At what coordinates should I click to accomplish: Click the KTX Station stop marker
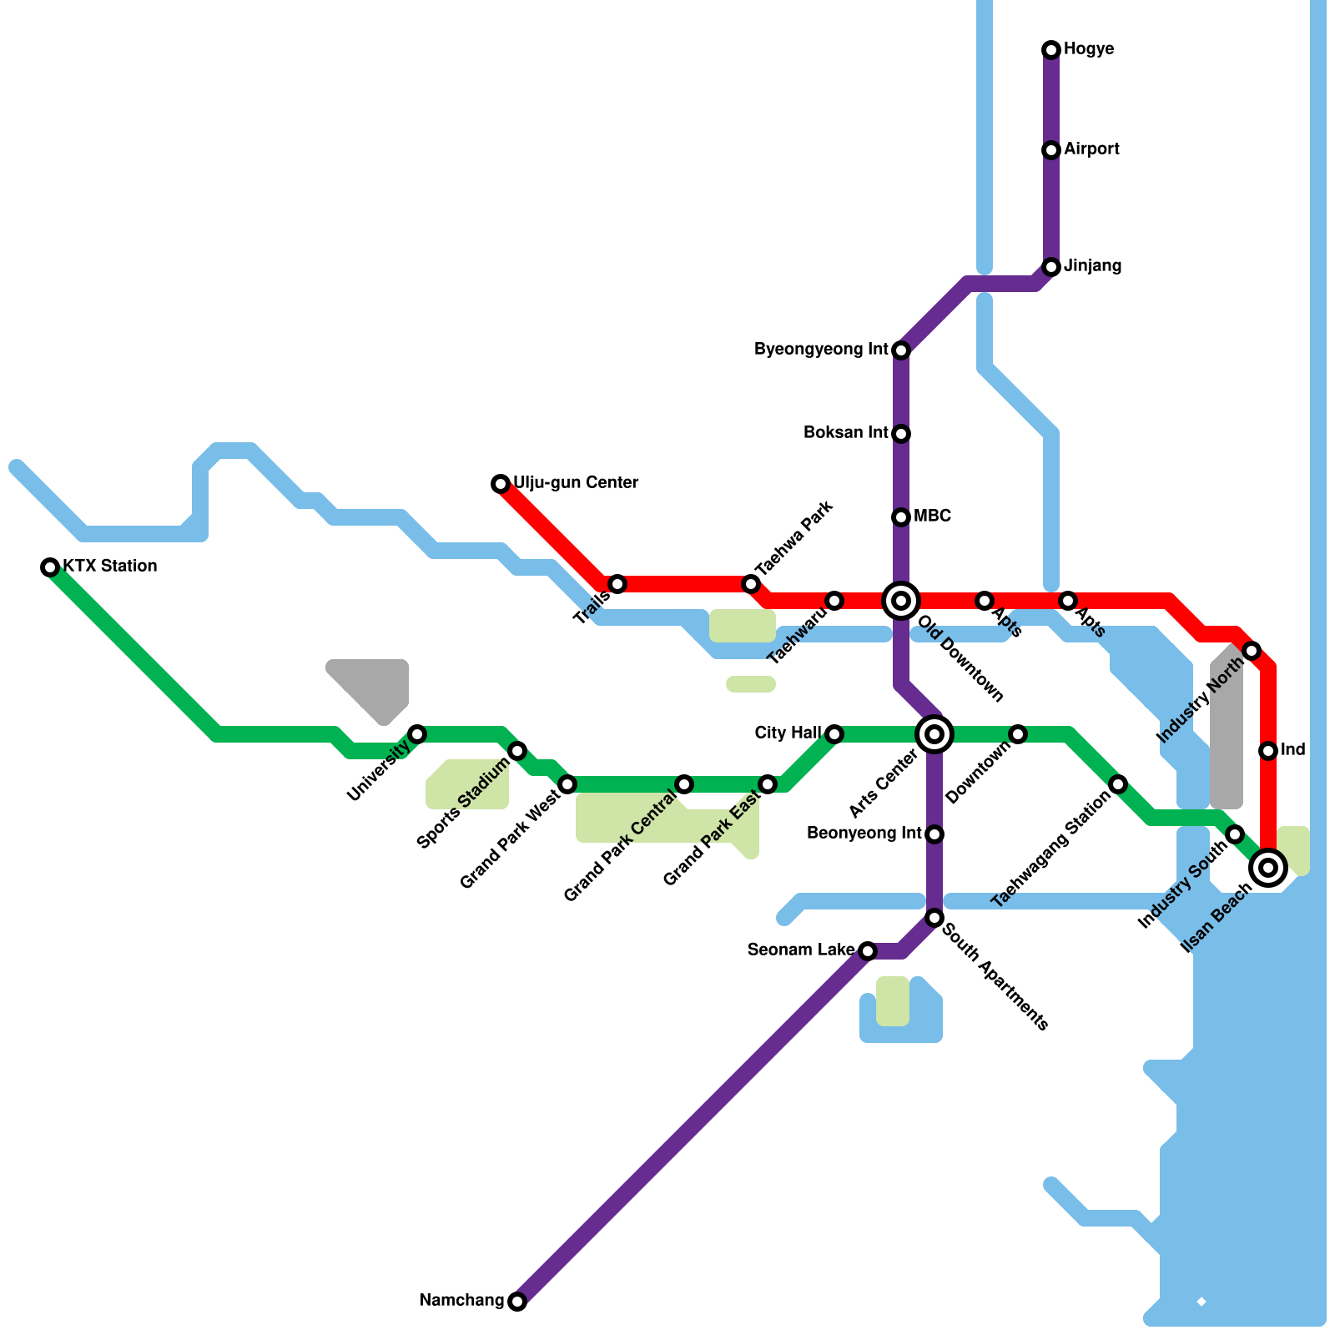[x=50, y=567]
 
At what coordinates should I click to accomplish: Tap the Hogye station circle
[x=1051, y=50]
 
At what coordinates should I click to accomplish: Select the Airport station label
[x=1091, y=149]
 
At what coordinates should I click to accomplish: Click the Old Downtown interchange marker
[x=901, y=600]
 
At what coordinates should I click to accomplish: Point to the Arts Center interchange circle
[x=934, y=734]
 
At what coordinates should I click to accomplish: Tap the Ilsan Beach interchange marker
[x=1268, y=868]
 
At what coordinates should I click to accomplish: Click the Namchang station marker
[x=517, y=1302]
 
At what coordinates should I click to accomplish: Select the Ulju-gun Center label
[x=575, y=483]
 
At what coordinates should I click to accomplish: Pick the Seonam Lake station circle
[x=868, y=951]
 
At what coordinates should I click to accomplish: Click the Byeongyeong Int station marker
[x=901, y=350]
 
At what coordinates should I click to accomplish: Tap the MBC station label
[x=932, y=516]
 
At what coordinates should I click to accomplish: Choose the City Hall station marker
[x=834, y=734]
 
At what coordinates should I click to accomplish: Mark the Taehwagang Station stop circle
[x=1118, y=784]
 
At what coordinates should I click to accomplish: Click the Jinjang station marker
[x=1051, y=267]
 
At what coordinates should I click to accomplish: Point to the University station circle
[x=417, y=734]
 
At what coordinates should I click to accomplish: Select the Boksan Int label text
[x=845, y=433]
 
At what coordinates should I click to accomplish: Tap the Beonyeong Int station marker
[x=934, y=834]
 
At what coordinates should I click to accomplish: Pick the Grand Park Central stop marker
[x=684, y=784]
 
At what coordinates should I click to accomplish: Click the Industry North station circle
[x=1252, y=651]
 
